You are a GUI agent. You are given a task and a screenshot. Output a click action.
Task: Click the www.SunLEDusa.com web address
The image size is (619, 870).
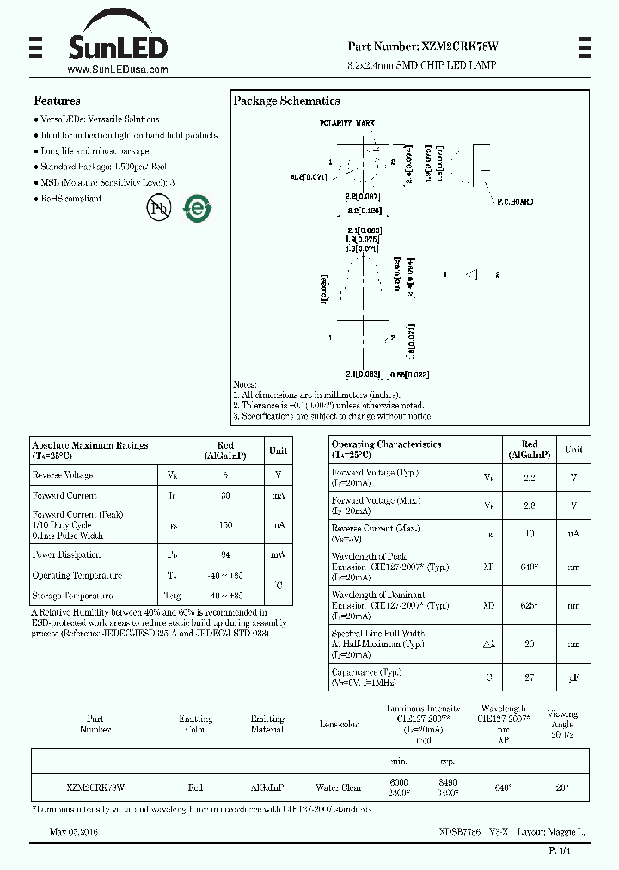point(117,70)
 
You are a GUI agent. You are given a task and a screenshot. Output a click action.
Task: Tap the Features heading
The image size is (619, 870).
point(57,101)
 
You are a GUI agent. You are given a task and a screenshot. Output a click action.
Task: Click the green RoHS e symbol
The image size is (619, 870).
point(198,208)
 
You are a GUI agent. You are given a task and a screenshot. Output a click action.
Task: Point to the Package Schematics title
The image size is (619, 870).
point(286,101)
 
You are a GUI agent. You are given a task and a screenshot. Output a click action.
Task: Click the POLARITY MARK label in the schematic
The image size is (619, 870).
point(347,124)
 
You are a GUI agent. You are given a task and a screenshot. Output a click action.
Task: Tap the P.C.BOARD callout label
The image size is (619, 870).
point(515,202)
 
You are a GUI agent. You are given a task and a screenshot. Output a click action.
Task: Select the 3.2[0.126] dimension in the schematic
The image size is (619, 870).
point(365,210)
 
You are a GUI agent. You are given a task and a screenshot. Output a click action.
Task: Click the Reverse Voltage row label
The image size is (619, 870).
point(63,475)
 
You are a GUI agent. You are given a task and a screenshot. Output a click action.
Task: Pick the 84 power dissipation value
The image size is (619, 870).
point(225,555)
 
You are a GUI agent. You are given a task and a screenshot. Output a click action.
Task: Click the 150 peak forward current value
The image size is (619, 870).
point(225,524)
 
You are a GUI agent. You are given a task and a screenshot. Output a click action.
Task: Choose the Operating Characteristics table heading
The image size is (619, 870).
point(386,444)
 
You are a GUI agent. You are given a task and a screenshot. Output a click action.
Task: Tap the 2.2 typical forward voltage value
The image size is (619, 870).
point(530,477)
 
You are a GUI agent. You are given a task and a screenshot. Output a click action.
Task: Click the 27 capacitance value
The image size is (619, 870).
point(530,677)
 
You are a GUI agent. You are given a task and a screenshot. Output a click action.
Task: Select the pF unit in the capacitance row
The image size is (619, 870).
point(573,678)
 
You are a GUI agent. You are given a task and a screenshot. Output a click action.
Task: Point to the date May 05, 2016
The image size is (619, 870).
point(74,832)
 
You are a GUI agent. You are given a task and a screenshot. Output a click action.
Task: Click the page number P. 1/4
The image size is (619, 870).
point(559,850)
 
